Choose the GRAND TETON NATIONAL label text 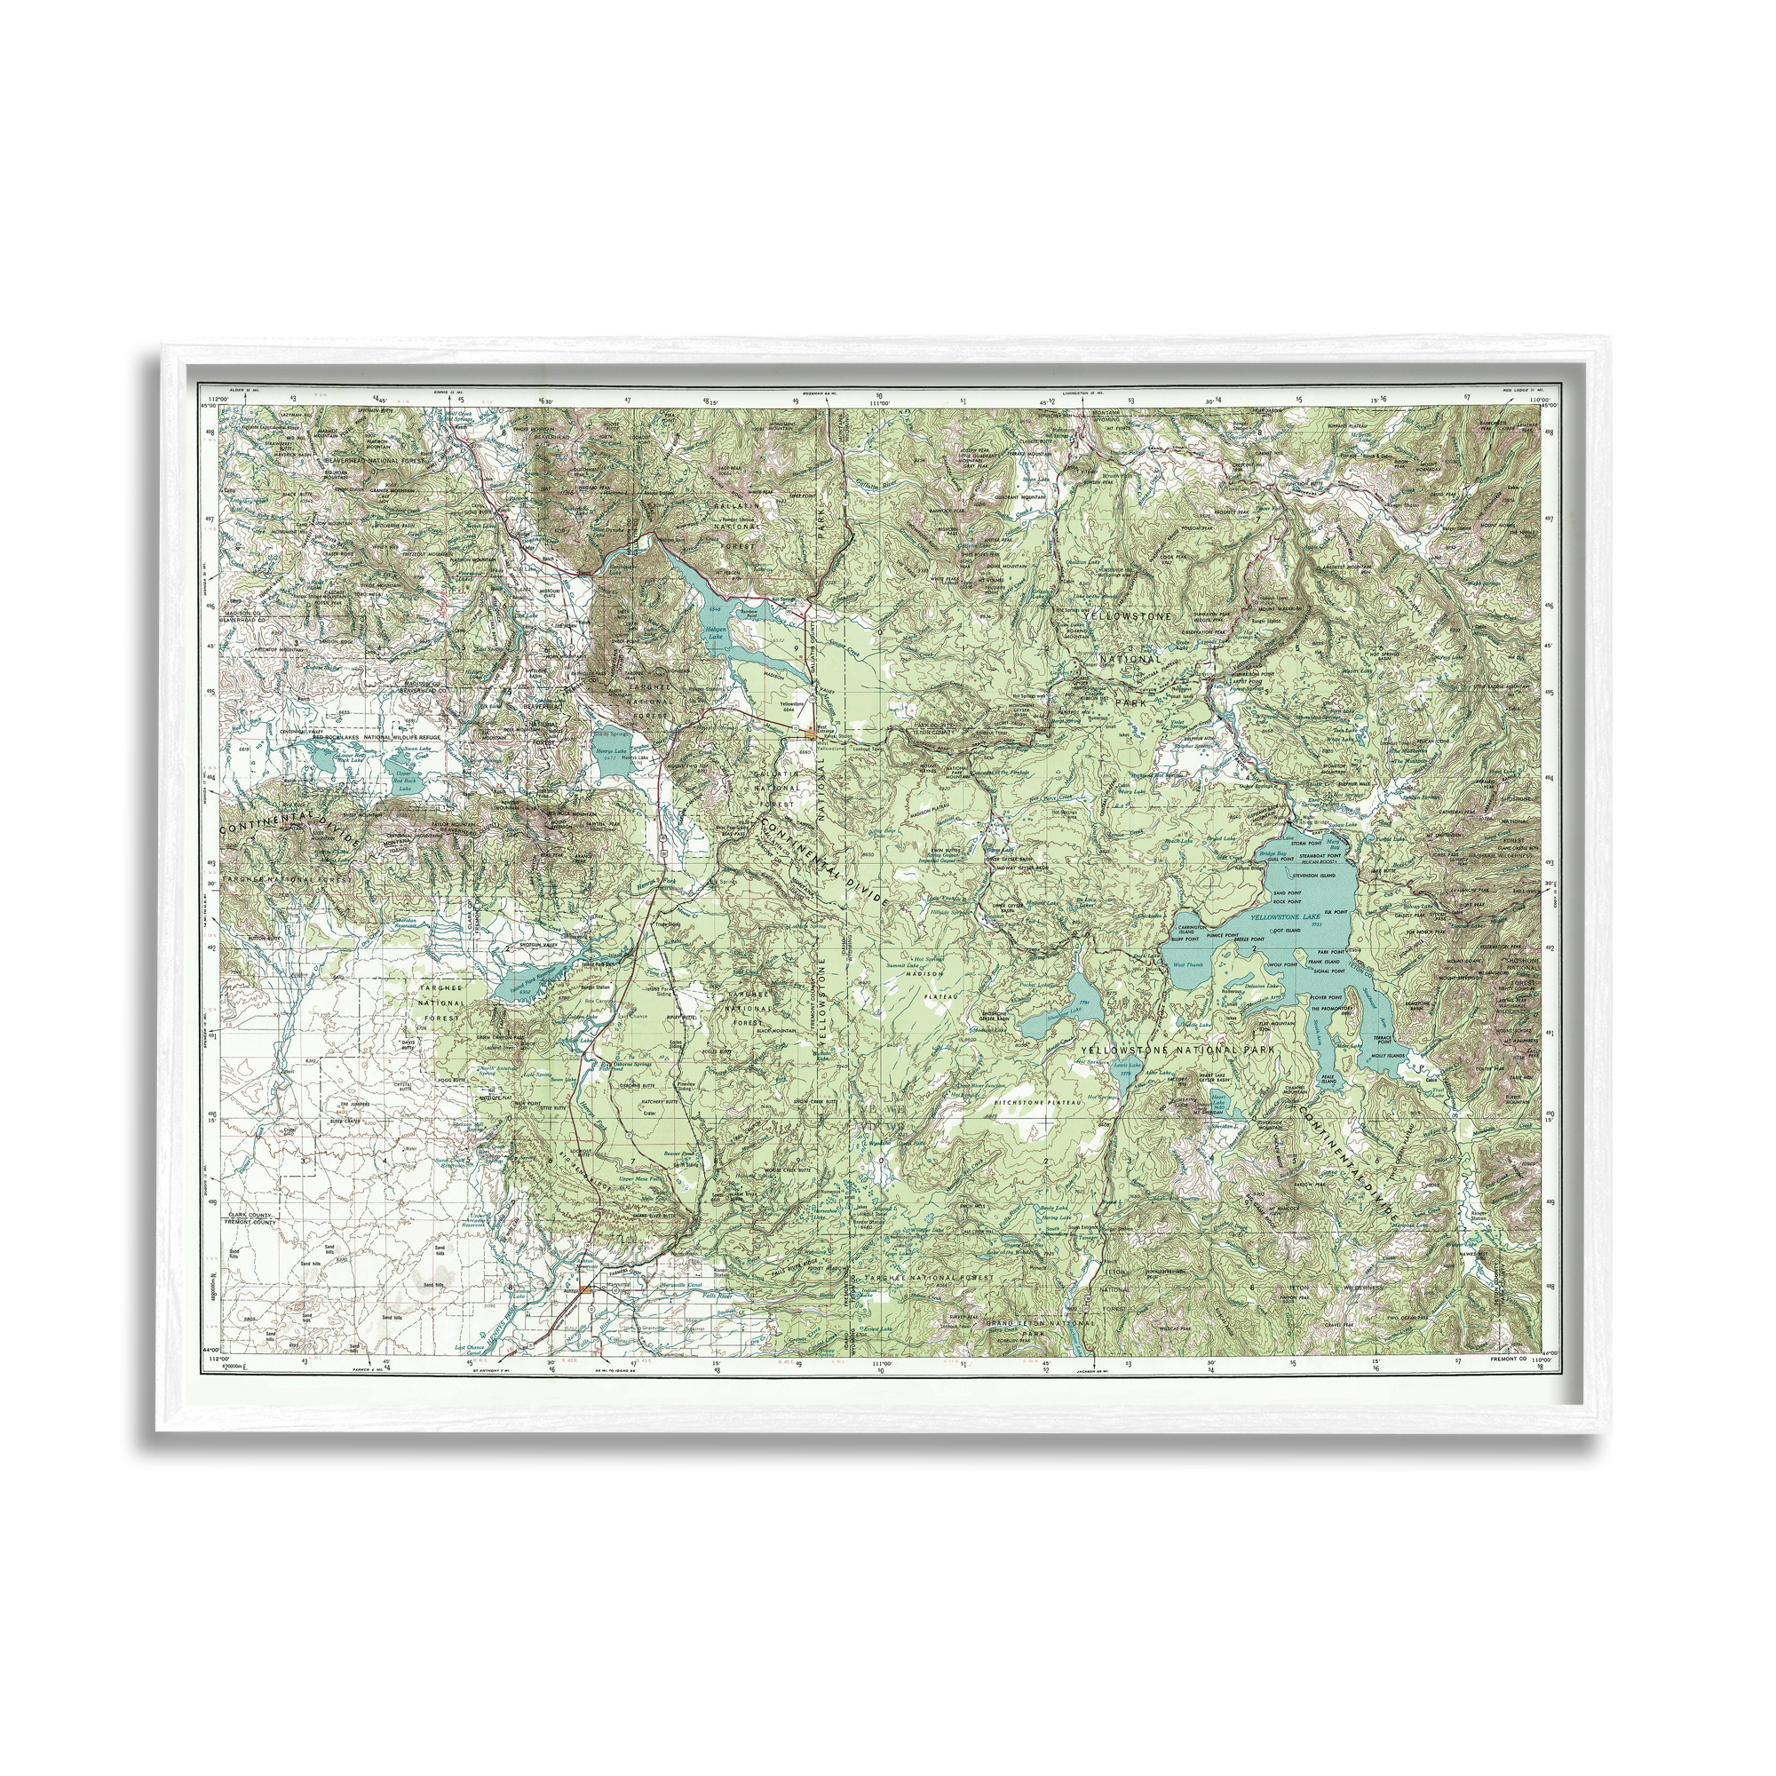click(1039, 1323)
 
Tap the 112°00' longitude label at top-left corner click(217, 398)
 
